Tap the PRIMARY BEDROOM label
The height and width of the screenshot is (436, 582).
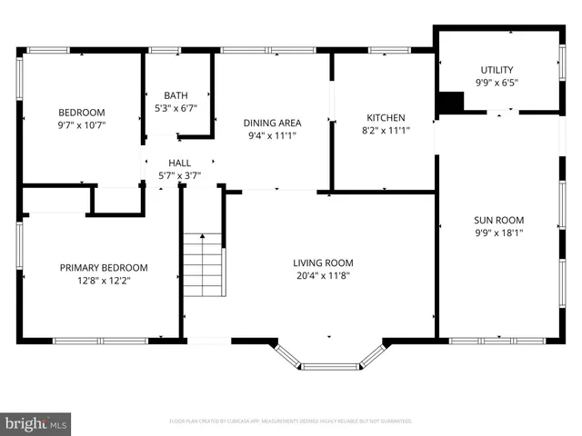pyautogui.click(x=104, y=267)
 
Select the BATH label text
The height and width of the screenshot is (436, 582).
pyautogui.click(x=176, y=95)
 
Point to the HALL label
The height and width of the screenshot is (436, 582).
pyautogui.click(x=179, y=163)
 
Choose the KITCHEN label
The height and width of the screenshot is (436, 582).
pyautogui.click(x=386, y=117)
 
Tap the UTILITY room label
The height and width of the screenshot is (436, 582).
pyautogui.click(x=497, y=70)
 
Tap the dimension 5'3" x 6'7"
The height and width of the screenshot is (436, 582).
pyautogui.click(x=176, y=108)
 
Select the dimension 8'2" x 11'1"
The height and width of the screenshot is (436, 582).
pyautogui.click(x=386, y=130)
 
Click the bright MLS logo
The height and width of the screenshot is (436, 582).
pyautogui.click(x=36, y=423)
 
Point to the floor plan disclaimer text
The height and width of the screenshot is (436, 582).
pyautogui.click(x=291, y=421)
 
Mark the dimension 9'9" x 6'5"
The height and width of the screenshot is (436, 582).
pyautogui.click(x=497, y=83)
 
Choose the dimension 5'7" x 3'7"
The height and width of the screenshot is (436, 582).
pyautogui.click(x=179, y=175)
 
